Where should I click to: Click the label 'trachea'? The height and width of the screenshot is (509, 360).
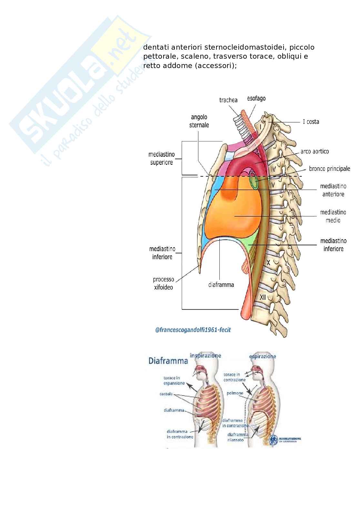[228, 100]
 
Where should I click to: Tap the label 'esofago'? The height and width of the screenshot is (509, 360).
[256, 98]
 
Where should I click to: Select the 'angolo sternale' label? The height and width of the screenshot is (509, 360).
[199, 121]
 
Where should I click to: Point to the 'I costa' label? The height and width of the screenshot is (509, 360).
[311, 122]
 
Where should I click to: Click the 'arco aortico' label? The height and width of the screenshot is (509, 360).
[315, 151]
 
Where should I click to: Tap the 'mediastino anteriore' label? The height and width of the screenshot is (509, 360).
[333, 190]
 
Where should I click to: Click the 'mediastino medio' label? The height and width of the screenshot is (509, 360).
[333, 216]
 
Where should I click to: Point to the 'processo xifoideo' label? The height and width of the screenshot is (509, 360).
[163, 283]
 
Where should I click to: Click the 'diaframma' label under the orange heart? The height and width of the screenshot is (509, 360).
[221, 285]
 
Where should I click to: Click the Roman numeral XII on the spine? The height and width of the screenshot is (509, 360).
[263, 297]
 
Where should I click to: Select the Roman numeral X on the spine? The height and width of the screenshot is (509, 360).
[268, 263]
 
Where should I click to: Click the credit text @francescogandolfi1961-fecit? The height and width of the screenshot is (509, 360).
[193, 330]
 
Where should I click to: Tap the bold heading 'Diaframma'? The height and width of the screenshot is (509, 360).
[168, 361]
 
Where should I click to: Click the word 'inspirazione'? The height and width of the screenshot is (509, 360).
[205, 356]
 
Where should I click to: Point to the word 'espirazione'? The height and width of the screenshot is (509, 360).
[263, 357]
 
